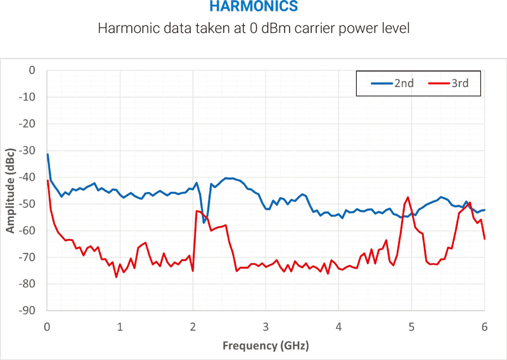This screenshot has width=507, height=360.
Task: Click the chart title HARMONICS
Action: (x=253, y=8)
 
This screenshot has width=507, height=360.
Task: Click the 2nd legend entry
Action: (x=395, y=82)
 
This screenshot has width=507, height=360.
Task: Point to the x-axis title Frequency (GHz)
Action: (x=266, y=346)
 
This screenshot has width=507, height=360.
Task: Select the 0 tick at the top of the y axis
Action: (x=32, y=70)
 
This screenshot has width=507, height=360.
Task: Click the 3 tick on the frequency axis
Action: (x=266, y=326)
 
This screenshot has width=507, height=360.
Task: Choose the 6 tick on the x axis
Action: (x=484, y=326)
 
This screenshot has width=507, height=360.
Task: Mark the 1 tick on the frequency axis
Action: (x=120, y=326)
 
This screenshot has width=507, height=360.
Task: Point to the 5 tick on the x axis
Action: (x=411, y=326)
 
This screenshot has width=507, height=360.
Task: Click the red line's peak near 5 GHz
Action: (x=408, y=197)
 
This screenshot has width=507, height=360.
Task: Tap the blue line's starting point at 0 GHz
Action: (x=48, y=154)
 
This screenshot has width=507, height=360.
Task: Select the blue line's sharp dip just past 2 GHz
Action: (x=204, y=222)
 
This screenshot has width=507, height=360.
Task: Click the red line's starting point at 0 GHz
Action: (x=48, y=181)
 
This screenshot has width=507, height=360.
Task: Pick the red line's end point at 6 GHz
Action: (x=484, y=238)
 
